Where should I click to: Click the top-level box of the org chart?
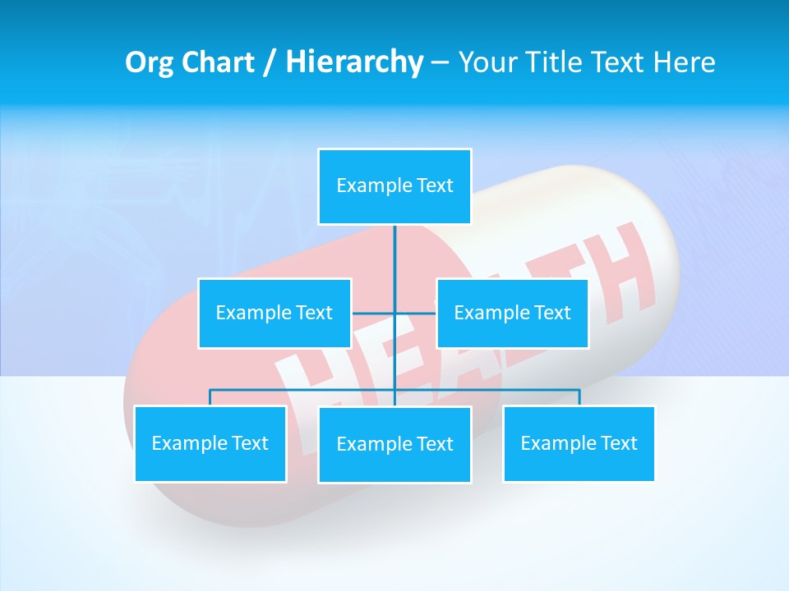(394, 186)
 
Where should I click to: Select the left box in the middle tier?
(274, 313)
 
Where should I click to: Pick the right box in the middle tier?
(512, 313)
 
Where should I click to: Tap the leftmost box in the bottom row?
(210, 443)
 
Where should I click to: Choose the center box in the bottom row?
(394, 444)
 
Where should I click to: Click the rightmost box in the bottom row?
(579, 443)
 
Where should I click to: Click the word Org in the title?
(147, 62)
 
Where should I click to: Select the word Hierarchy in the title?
(353, 62)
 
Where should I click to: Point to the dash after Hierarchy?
(440, 62)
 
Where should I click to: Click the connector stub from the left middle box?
(372, 313)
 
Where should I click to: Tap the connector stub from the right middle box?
(416, 313)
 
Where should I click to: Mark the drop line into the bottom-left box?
(210, 398)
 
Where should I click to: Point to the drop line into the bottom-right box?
(579, 398)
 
